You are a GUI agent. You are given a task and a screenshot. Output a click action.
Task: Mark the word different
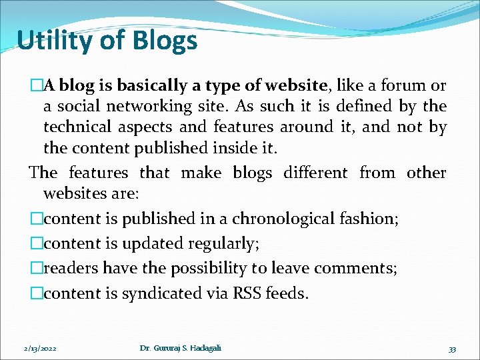[x=315, y=173]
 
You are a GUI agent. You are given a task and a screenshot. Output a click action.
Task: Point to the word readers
[x=71, y=269]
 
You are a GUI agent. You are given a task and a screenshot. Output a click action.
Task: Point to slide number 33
[x=452, y=349]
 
